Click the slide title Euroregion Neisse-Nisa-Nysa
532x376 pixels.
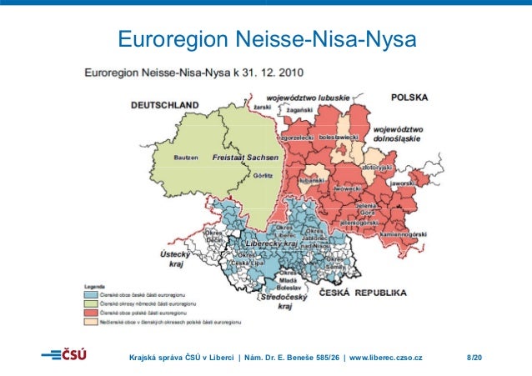266,39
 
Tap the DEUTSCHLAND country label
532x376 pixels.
165,105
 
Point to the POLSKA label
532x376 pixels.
409,98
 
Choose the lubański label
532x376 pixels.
311,179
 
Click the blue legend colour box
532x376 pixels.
91,293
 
